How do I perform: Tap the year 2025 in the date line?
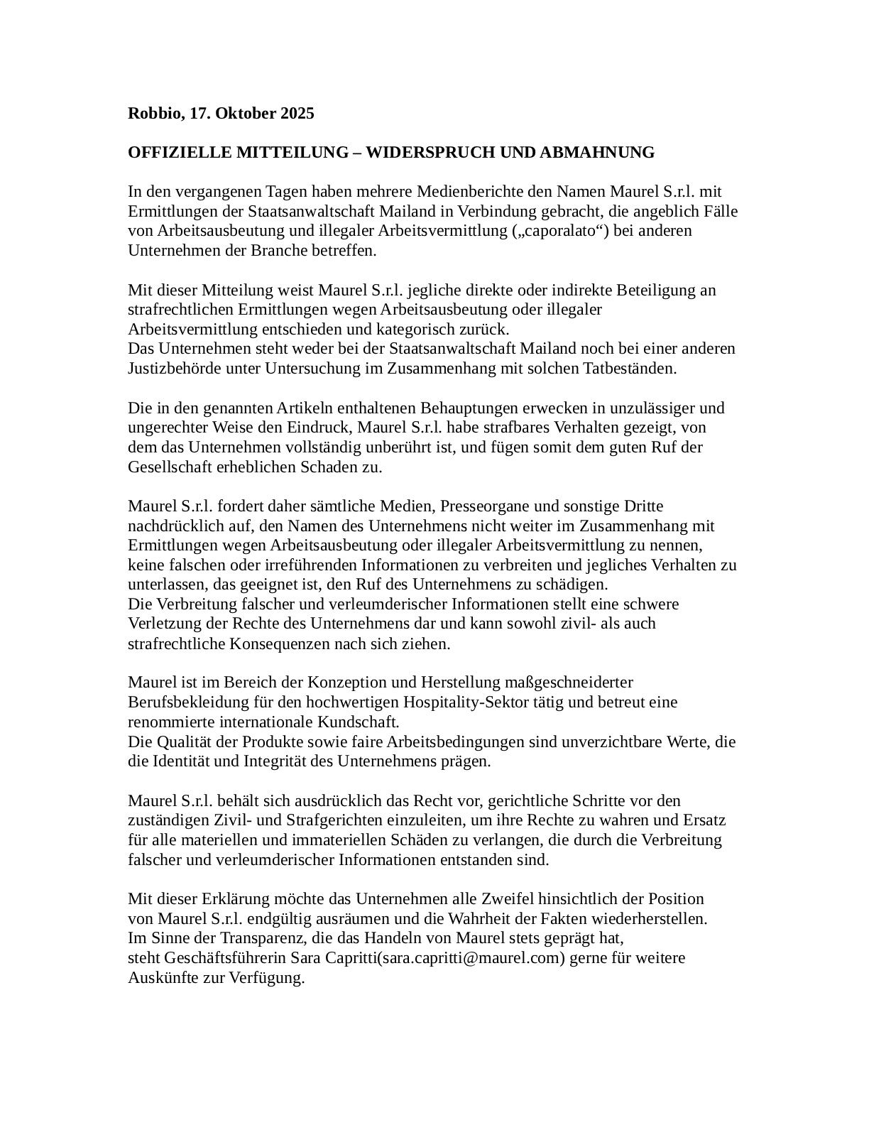[297, 114]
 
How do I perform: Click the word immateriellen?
[342, 840]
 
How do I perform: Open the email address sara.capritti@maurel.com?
[471, 958]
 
